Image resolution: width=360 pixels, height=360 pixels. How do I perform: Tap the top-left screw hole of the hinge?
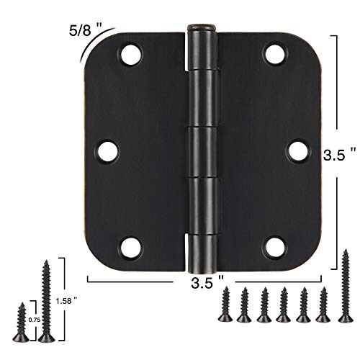(x=131, y=54)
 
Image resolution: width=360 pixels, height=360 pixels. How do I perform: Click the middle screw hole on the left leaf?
(x=107, y=151)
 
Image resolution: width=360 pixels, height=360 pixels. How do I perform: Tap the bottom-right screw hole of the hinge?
(x=273, y=248)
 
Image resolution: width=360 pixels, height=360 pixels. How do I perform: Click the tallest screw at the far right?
(x=346, y=284)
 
